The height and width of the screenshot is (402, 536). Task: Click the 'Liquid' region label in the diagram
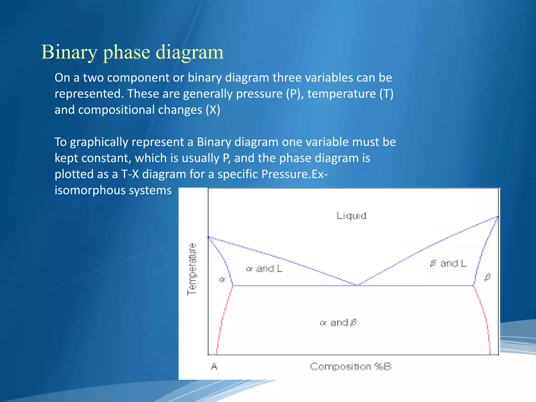click(x=351, y=216)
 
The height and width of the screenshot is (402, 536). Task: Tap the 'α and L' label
click(x=264, y=269)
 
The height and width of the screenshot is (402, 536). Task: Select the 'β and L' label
click(x=448, y=263)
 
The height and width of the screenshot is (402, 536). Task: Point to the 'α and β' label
click(x=338, y=322)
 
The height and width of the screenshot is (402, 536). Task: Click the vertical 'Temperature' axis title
click(x=192, y=269)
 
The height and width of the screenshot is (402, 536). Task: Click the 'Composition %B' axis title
click(x=351, y=366)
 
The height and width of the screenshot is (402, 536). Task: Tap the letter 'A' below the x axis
click(x=214, y=366)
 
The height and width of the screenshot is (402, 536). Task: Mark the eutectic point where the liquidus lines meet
click(x=357, y=285)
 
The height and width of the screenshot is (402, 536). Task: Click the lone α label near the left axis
click(x=222, y=280)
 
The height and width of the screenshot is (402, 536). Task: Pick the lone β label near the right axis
click(x=487, y=277)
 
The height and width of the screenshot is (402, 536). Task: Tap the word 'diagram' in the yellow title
click(x=189, y=52)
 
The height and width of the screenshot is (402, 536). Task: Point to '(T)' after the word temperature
click(x=386, y=94)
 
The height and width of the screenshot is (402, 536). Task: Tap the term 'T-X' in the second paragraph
click(x=130, y=174)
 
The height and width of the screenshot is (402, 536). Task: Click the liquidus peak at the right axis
click(x=498, y=217)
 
